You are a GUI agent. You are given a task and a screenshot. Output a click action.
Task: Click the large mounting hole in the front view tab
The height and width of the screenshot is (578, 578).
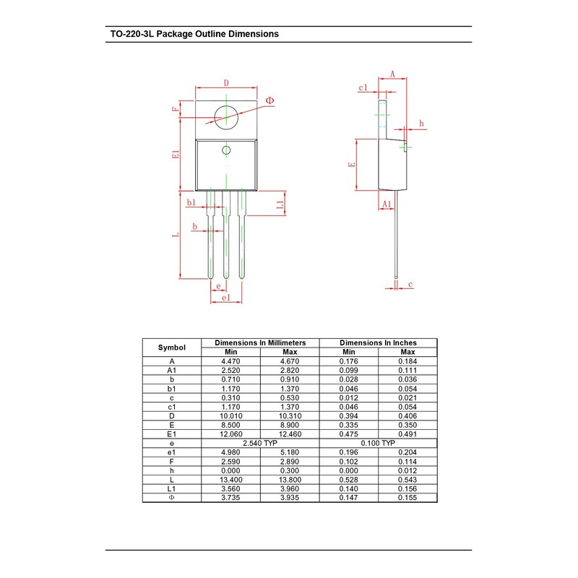226,116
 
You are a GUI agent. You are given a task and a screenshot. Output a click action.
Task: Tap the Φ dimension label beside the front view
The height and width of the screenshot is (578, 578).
269,100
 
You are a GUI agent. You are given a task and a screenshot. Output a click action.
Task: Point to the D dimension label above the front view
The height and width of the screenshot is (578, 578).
226,83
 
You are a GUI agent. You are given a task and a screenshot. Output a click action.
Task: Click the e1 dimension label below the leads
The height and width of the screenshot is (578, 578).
226,298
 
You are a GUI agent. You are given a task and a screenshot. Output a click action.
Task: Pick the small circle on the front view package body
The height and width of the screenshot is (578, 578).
226,150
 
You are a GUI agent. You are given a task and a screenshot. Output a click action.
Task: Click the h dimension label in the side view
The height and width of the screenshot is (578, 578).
421,124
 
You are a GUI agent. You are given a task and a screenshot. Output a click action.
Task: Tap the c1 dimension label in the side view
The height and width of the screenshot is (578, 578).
363,87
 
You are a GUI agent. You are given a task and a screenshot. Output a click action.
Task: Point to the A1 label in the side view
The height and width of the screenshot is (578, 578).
387,204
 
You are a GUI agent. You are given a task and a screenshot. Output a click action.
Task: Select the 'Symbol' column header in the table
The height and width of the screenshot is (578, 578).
172,348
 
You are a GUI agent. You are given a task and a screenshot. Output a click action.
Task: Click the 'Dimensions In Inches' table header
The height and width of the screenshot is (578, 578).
378,342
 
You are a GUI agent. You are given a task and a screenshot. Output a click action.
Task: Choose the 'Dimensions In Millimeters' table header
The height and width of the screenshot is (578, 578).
260,342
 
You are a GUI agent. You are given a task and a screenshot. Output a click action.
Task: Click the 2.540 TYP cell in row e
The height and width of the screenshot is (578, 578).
260,443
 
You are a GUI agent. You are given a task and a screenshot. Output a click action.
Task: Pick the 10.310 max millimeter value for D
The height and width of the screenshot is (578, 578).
289,415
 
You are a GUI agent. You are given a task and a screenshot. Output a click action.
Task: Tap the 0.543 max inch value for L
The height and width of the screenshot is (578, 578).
407,479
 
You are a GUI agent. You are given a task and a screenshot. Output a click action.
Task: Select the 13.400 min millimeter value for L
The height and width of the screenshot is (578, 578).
230,479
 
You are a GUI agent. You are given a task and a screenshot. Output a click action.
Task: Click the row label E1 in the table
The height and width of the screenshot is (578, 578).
172,433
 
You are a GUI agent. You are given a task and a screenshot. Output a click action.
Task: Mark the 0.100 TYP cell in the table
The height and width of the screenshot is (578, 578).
378,443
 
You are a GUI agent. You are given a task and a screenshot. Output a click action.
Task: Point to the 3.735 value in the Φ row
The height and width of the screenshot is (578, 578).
230,497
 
